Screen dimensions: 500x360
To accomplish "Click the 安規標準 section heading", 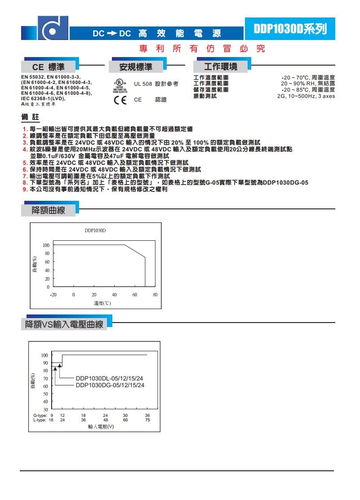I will (x=135, y=67).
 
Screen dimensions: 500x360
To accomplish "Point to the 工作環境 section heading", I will (x=220, y=67).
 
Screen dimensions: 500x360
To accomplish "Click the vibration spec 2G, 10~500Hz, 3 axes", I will (x=306, y=96).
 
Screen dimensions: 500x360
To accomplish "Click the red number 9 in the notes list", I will (x=25, y=190).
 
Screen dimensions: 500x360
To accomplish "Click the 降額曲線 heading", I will (x=48, y=210).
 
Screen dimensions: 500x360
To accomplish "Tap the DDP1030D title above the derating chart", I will (x=95, y=230).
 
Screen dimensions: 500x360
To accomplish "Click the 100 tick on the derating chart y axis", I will (x=46, y=245).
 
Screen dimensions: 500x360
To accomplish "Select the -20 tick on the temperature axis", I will (x=53, y=294).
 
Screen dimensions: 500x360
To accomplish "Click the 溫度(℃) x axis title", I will (x=102, y=303).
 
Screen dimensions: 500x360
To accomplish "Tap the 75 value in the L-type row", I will (x=147, y=420).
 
